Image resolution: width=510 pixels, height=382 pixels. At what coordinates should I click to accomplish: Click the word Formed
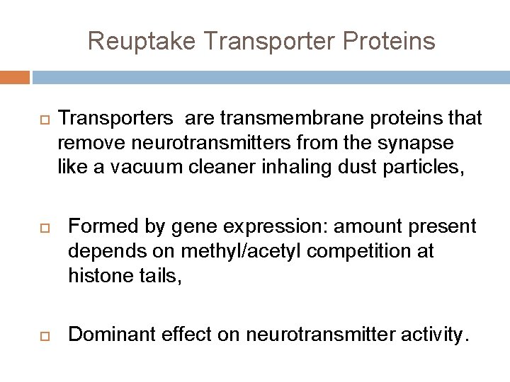(x=101, y=226)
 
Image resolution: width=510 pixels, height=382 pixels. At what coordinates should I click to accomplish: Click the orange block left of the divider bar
(x=15, y=76)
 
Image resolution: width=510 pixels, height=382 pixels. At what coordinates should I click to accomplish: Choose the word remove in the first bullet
(x=87, y=143)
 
